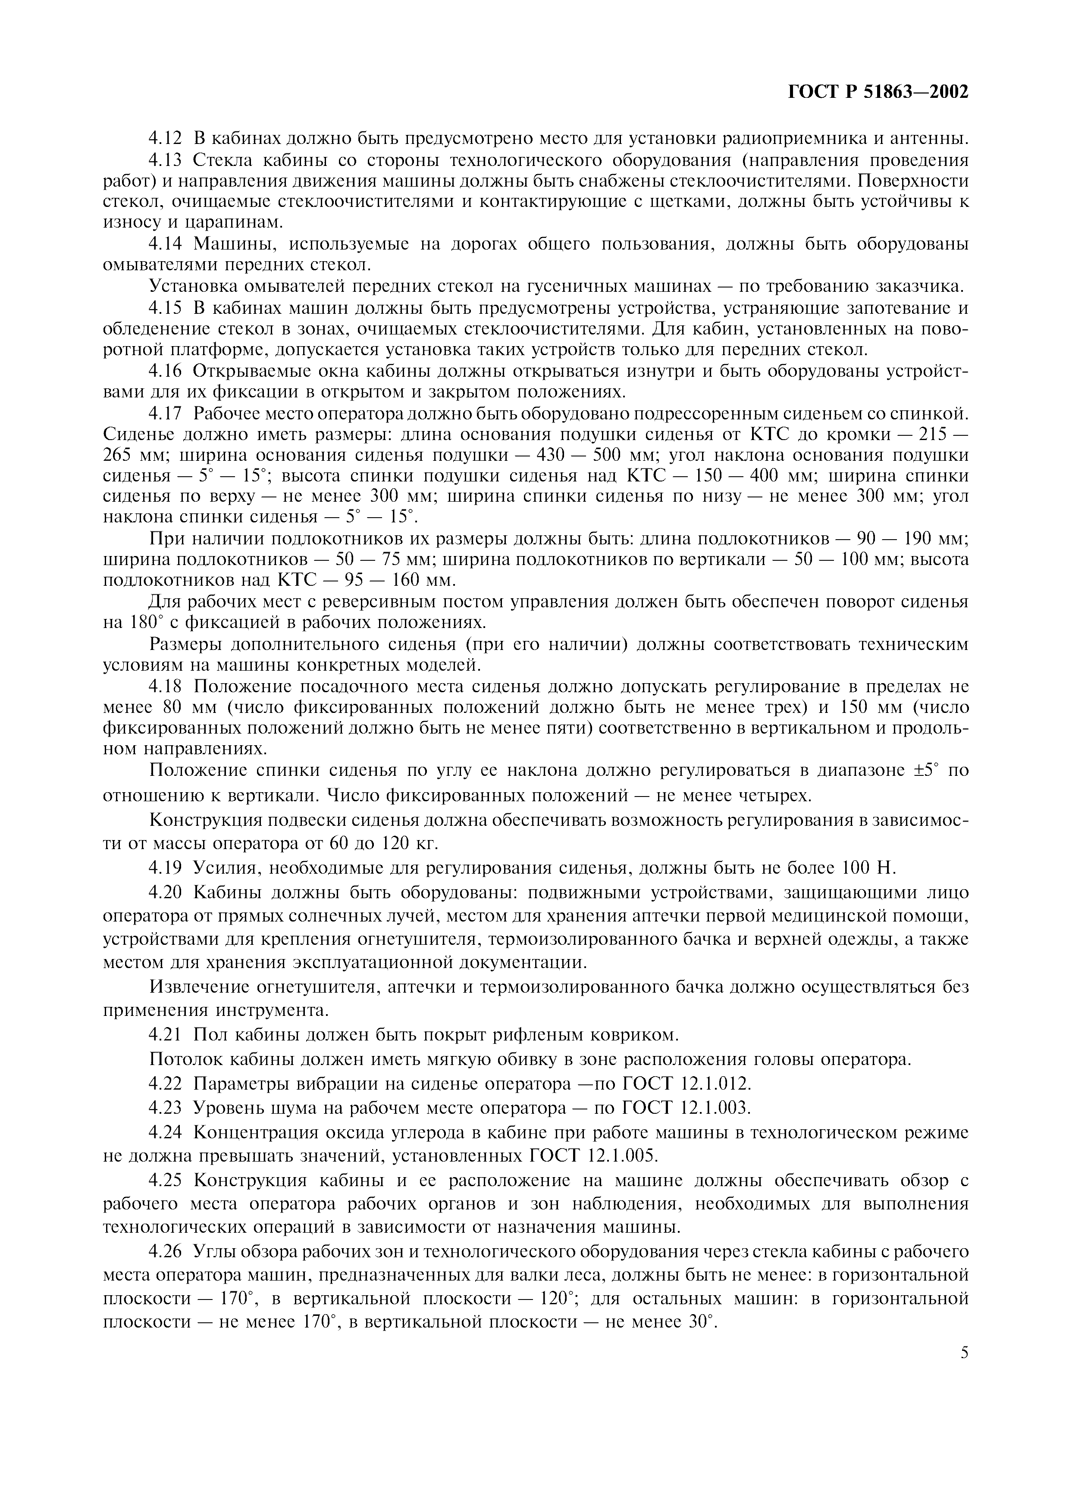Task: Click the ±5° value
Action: (x=925, y=771)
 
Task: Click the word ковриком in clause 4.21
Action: (x=625, y=1035)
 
